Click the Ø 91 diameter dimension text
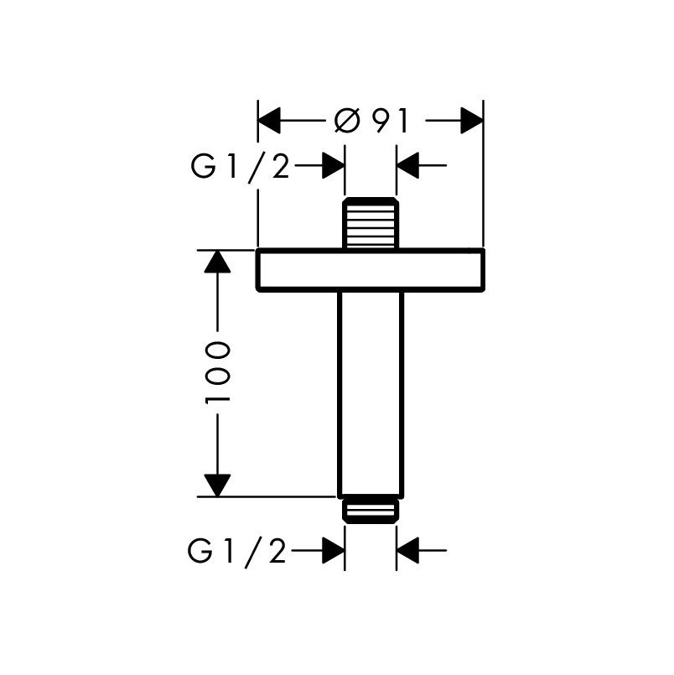371,121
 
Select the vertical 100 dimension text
217,373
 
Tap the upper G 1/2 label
240,166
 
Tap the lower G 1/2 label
237,551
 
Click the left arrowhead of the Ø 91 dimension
269,121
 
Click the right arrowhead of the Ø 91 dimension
472,121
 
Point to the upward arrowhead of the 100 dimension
217,262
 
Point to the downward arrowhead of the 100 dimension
217,485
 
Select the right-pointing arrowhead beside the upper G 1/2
334,165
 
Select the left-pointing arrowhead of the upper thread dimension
408,165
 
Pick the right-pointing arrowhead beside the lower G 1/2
334,550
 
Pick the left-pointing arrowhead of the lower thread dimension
408,550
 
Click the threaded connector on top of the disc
371,223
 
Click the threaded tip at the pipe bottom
371,511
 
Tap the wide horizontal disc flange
371,270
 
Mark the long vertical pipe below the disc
371,395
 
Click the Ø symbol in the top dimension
346,121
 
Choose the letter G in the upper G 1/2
203,166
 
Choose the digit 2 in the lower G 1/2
277,552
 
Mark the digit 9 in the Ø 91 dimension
381,121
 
